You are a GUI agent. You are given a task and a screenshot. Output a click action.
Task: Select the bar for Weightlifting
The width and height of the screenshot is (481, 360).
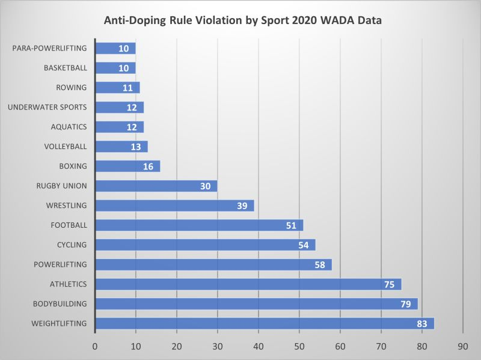[x=265, y=324]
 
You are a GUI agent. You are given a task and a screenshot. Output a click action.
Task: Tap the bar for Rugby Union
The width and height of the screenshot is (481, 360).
[x=156, y=186]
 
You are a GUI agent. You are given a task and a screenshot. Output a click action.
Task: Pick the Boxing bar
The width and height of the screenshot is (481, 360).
[x=127, y=166]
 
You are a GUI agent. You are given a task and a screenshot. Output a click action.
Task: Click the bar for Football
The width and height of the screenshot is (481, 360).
[x=199, y=225]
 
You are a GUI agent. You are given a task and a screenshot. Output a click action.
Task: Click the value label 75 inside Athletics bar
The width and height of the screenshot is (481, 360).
[x=390, y=284]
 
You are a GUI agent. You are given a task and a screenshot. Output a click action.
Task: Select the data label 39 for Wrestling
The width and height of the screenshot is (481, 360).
[x=243, y=206]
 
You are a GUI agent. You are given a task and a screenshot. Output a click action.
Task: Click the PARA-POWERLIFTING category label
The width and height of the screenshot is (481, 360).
[x=49, y=48]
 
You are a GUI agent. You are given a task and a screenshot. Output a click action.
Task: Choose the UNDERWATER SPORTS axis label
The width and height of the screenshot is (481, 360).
[x=47, y=108]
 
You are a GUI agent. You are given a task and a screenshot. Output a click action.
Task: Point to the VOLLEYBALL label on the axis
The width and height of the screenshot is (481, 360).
[x=66, y=146]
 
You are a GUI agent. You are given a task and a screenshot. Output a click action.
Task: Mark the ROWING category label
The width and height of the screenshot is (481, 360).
[x=72, y=88]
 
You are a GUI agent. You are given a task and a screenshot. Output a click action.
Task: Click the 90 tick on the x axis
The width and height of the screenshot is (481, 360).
[x=463, y=346]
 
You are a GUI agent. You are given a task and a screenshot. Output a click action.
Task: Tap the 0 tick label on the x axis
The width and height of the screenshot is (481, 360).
[x=95, y=346]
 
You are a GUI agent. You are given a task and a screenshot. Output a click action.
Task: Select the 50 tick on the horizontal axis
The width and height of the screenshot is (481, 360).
[x=299, y=346]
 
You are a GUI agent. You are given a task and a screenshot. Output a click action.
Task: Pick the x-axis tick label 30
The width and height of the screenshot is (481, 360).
[x=218, y=346]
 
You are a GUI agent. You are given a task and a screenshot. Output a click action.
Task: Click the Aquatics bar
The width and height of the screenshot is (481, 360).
[x=119, y=127]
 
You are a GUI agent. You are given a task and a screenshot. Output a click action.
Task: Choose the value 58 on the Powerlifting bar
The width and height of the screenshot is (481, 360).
[x=320, y=264]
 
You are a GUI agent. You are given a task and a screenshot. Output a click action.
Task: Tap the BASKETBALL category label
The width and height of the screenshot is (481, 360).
[x=66, y=68]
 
